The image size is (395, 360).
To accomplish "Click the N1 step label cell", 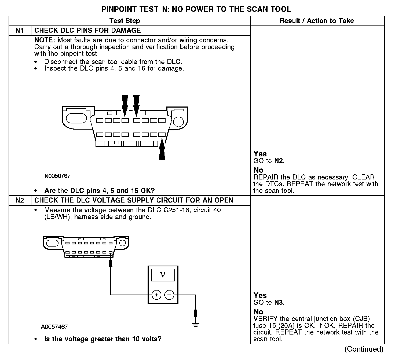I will click(20, 30).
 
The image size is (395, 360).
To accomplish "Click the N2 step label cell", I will click(20, 200).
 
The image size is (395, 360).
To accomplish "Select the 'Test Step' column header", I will click(125, 21).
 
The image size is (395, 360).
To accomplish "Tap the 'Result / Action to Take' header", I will click(317, 21).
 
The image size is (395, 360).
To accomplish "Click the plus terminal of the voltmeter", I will click(156, 295).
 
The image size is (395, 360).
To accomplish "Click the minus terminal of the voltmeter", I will click(169, 295).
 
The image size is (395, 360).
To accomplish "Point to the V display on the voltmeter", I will click(163, 275).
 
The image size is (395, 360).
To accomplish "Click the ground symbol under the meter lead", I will click(196, 325).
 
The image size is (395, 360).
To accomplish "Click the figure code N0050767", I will click(57, 176).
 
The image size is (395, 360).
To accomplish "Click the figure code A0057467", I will click(54, 327).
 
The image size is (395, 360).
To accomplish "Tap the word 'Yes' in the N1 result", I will click(260, 154).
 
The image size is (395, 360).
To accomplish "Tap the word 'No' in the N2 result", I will click(258, 312).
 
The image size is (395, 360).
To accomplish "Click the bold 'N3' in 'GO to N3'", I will click(279, 303).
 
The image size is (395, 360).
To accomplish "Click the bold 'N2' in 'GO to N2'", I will click(279, 161).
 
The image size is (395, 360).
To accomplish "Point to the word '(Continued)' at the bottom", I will click(364, 349).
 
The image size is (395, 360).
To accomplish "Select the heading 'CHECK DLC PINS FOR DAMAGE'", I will click(87, 30).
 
